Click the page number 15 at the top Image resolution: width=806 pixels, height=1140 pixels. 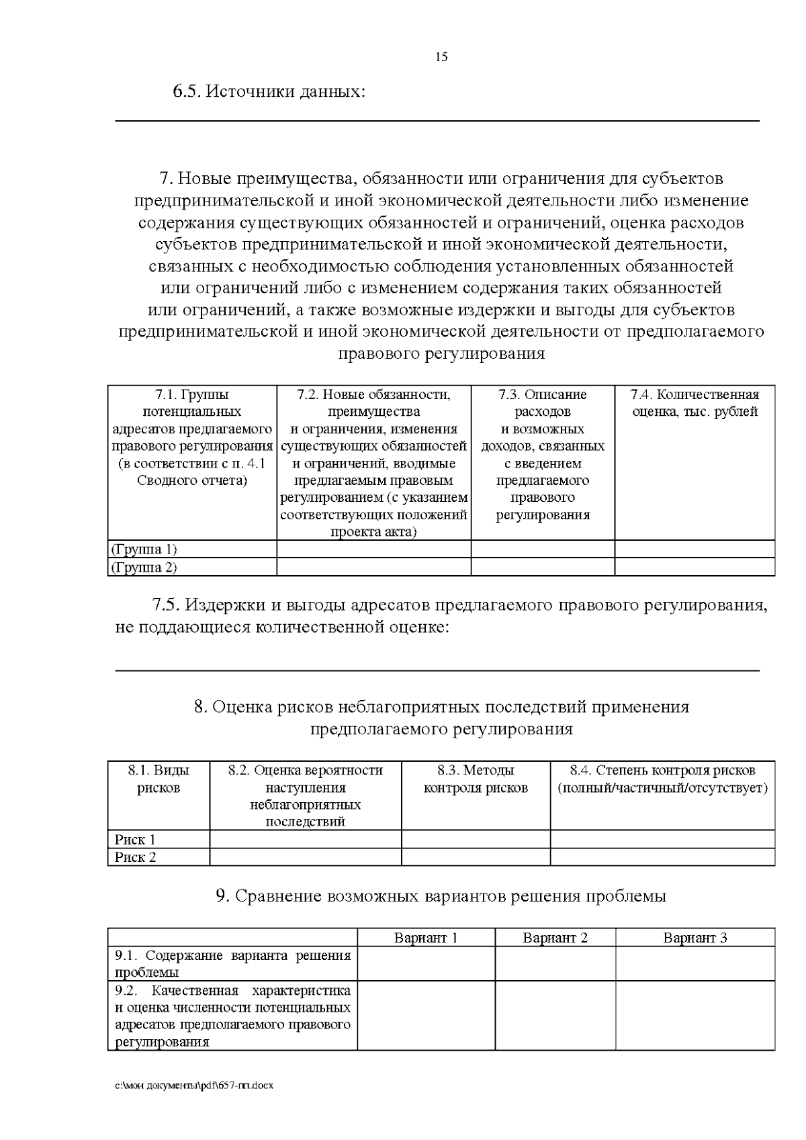coord(441,57)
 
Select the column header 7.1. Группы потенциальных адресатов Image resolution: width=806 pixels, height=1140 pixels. coord(192,437)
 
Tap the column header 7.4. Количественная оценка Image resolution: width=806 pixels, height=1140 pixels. coord(695,403)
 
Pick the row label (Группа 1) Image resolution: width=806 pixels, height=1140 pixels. coord(144,550)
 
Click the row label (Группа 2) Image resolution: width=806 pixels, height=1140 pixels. coord(144,568)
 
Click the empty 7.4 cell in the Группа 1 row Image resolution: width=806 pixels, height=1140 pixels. coord(695,550)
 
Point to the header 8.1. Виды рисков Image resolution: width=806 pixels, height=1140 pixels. coord(159,779)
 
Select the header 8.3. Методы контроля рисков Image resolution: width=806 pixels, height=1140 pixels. coord(476,779)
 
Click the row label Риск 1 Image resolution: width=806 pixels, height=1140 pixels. coord(135,840)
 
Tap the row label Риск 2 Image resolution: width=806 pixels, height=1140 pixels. coord(135,857)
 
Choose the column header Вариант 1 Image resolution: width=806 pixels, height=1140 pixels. coord(426,938)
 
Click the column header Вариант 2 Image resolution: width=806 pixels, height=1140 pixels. coord(555,938)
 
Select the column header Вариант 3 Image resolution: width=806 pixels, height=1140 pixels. coord(695,938)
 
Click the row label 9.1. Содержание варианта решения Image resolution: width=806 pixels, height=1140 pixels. coord(232,964)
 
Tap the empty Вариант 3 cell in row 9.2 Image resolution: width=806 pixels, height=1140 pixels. coord(695,1016)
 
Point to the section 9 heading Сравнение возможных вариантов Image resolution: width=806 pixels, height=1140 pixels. coord(441,897)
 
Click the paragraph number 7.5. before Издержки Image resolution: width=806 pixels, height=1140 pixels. coord(166,606)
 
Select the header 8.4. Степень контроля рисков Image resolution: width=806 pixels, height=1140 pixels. coord(662,779)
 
